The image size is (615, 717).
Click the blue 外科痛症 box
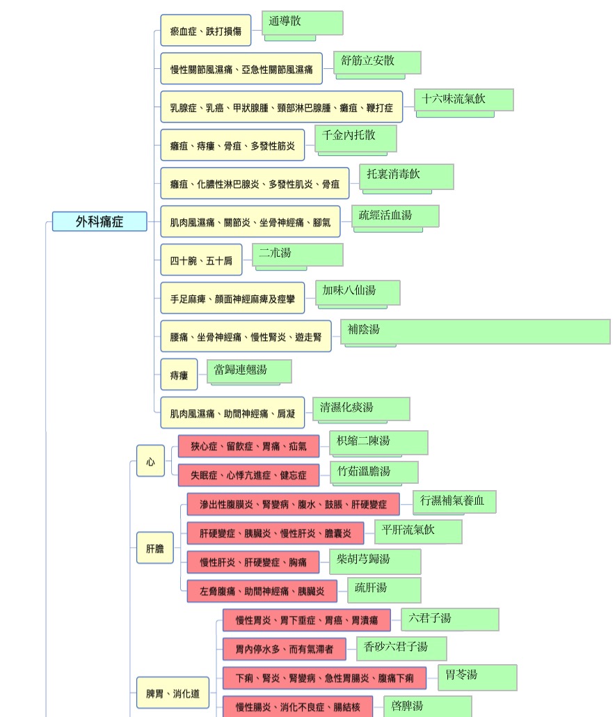[99, 221]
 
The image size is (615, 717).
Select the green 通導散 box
[303, 23]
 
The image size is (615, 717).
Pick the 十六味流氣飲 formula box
[464, 100]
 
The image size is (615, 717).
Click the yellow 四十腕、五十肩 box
[201, 260]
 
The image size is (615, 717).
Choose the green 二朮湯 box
[298, 255]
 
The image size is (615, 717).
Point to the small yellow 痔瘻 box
[179, 375]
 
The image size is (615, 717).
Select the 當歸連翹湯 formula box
[250, 371]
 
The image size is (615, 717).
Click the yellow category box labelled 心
[150, 462]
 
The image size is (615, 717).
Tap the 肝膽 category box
[155, 548]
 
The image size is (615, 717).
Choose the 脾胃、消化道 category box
[173, 693]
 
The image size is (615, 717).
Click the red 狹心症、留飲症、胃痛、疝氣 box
[248, 446]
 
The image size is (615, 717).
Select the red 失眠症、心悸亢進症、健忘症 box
[248, 475]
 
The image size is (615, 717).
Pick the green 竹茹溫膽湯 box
[374, 472]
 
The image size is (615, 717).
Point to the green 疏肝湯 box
[384, 590]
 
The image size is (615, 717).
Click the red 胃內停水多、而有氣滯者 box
[285, 649]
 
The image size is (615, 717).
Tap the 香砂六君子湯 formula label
[396, 647]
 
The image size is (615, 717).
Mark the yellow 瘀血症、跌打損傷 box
[206, 31]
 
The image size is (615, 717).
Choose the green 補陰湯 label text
[364, 329]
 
